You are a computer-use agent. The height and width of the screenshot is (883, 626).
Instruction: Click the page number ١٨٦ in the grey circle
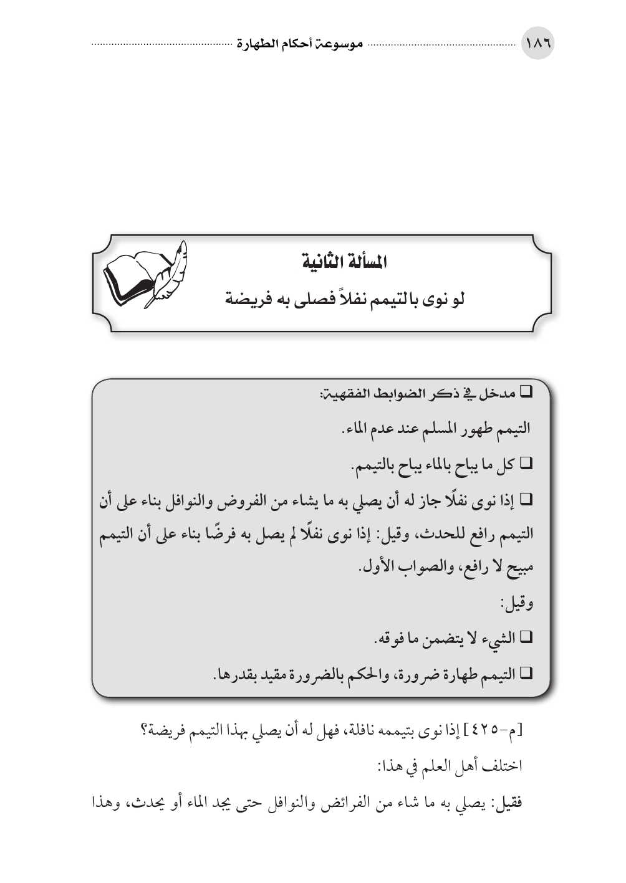(x=537, y=45)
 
